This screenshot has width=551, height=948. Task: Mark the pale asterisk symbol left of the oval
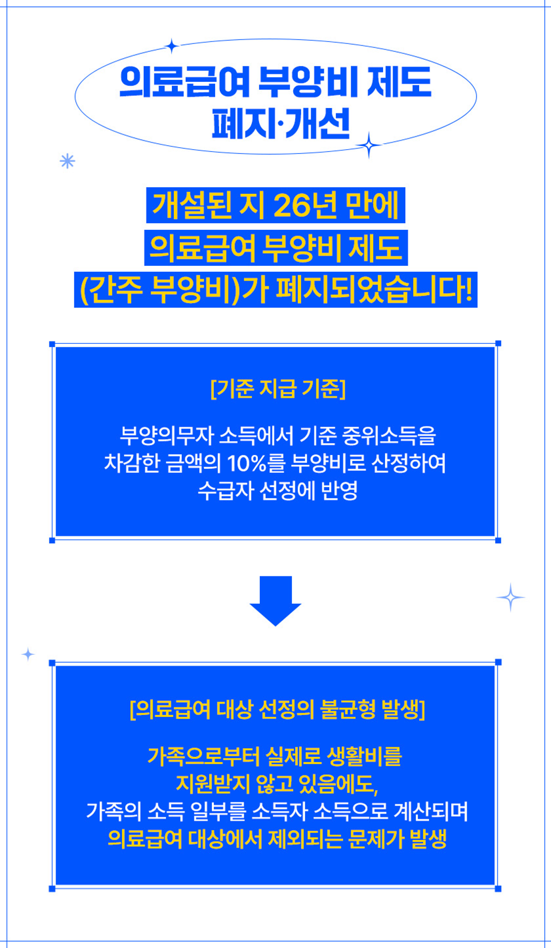tap(67, 161)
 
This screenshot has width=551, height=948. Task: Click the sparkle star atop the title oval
tap(172, 46)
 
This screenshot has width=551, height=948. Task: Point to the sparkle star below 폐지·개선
tap(368, 145)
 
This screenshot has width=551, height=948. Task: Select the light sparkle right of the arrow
tap(510, 598)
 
